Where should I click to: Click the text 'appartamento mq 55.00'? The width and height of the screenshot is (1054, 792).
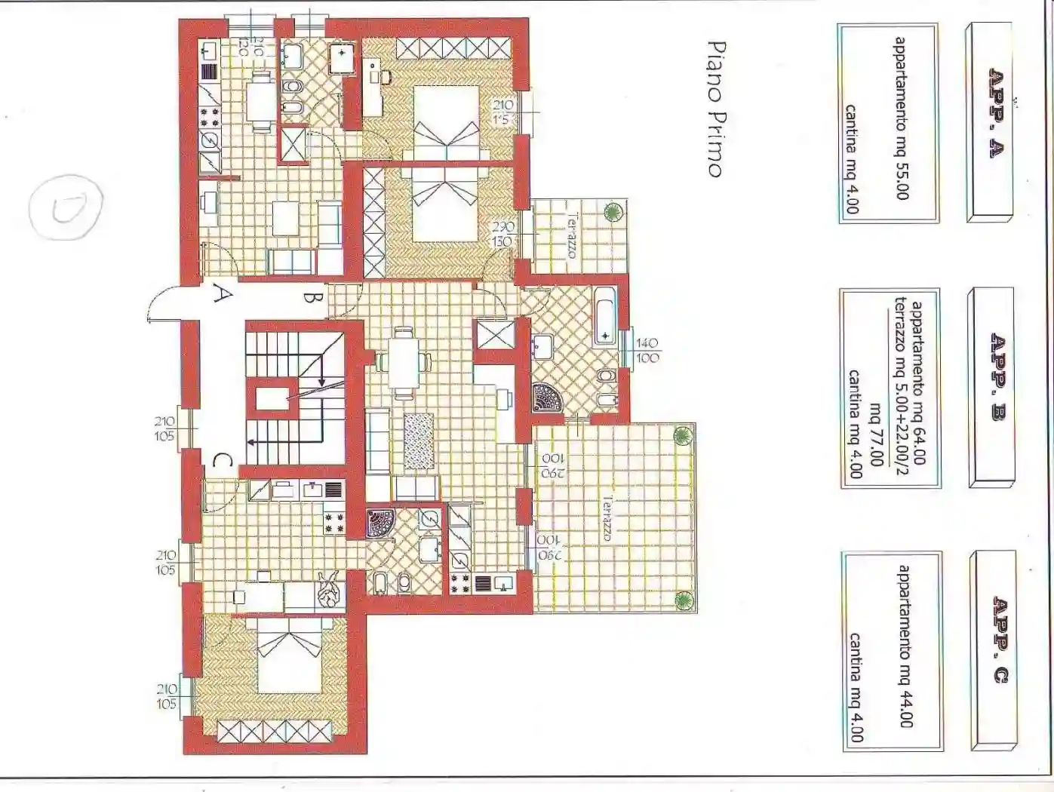(x=901, y=118)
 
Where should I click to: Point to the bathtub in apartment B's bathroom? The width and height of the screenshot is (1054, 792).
(x=605, y=315)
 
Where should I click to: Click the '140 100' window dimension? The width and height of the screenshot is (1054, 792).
(x=647, y=350)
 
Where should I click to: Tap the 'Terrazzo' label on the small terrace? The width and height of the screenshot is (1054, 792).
(x=571, y=236)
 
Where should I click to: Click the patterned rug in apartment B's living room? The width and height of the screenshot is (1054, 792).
(x=419, y=441)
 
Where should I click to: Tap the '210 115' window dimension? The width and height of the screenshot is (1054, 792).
(x=502, y=112)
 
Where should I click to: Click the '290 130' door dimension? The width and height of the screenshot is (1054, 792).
(x=502, y=234)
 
